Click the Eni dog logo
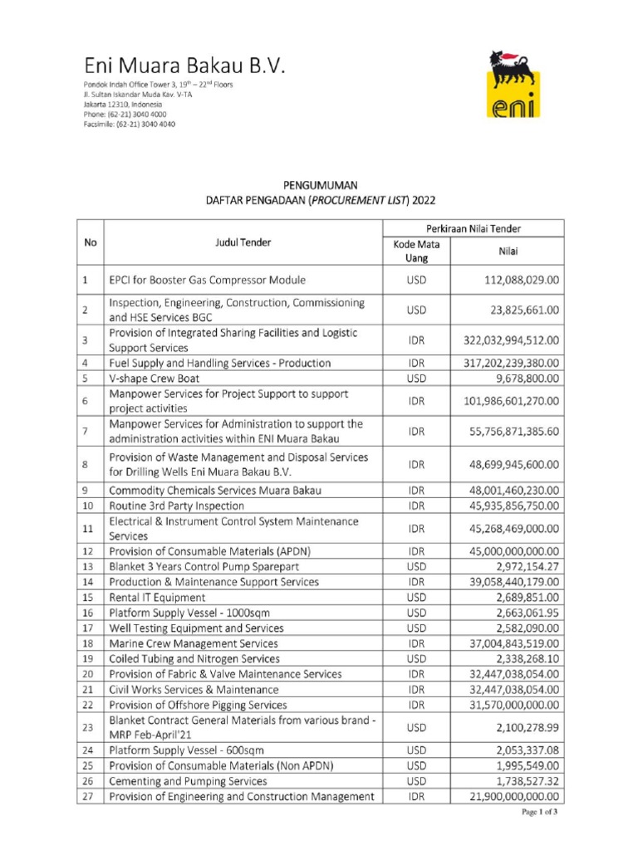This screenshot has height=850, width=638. (512, 83)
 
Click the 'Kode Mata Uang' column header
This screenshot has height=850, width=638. (416, 251)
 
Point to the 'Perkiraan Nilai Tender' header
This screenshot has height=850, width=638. (473, 227)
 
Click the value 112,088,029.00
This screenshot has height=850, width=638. (510, 281)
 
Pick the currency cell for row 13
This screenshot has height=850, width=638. (416, 566)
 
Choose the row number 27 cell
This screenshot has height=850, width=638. (90, 797)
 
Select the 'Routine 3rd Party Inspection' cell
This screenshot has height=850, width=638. (176, 505)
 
